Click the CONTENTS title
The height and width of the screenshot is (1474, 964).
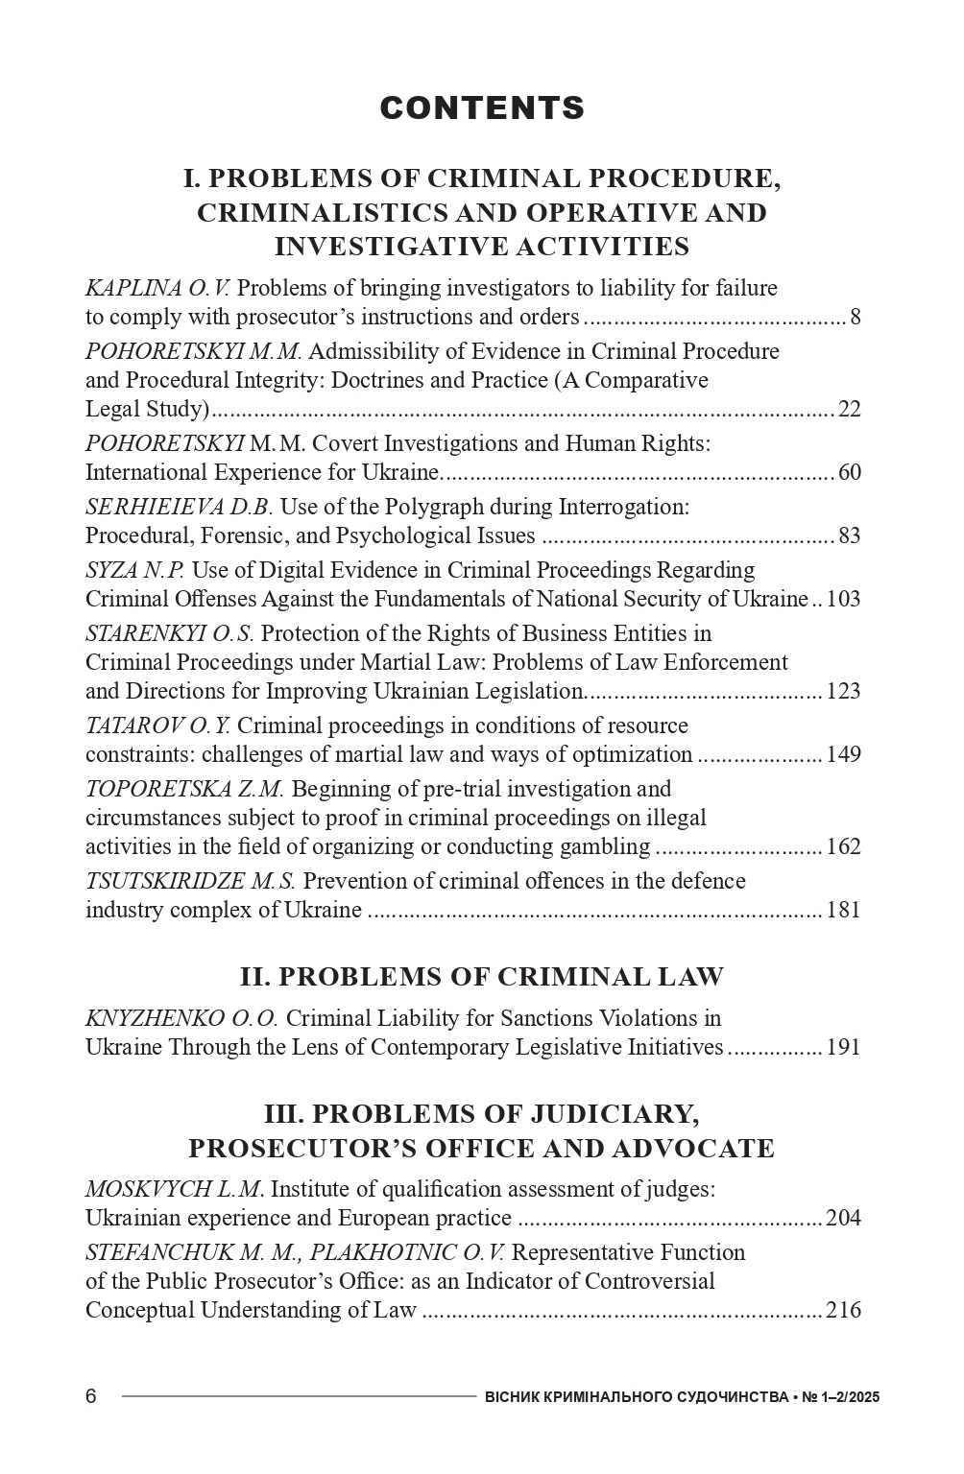(482, 108)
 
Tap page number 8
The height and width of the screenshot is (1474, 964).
(855, 318)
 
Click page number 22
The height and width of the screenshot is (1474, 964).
(849, 410)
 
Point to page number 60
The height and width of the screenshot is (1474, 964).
(849, 473)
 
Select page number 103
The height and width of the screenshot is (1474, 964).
(843, 600)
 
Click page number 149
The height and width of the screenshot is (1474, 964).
(843, 755)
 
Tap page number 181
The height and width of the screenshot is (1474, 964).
(843, 911)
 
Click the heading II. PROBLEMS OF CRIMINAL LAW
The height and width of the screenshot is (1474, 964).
(482, 977)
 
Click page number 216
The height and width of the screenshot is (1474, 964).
(843, 1311)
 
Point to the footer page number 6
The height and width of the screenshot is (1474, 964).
(91, 1396)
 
